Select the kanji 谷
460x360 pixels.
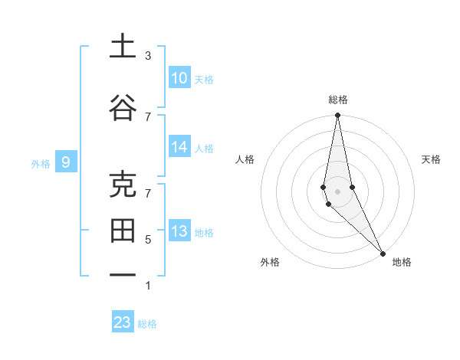click(123, 108)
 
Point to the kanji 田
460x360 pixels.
click(123, 229)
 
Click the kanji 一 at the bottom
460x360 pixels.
click(123, 274)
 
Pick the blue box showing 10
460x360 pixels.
click(179, 78)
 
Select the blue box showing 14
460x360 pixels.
click(179, 148)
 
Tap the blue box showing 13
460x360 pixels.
click(179, 232)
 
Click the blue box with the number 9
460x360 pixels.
click(67, 162)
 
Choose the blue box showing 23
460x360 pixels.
click(123, 322)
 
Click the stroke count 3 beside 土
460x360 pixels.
click(148, 56)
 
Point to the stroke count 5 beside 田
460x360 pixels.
click(148, 240)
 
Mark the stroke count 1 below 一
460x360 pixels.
click(148, 286)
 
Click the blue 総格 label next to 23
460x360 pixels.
click(147, 324)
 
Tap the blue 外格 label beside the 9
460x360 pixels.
click(41, 163)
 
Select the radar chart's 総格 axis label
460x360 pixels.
click(338, 100)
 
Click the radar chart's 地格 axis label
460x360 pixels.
click(402, 262)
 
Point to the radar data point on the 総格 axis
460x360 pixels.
click(338, 116)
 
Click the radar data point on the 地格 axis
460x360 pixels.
click(382, 252)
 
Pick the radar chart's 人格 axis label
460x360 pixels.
click(245, 159)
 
